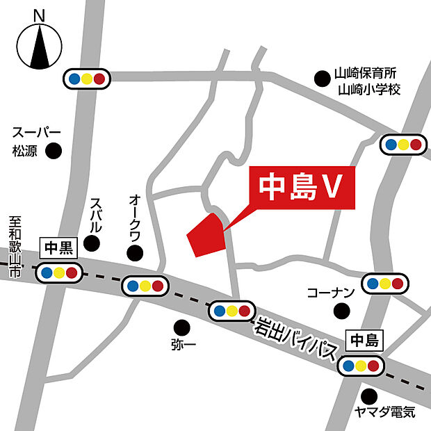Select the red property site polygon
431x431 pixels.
tap(206, 237)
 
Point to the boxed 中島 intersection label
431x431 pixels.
tap(364, 341)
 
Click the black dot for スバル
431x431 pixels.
tap(90, 243)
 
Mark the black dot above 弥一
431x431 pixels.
tap(181, 325)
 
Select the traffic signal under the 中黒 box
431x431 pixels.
tap(60, 272)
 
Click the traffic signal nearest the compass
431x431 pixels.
tap(88, 78)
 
